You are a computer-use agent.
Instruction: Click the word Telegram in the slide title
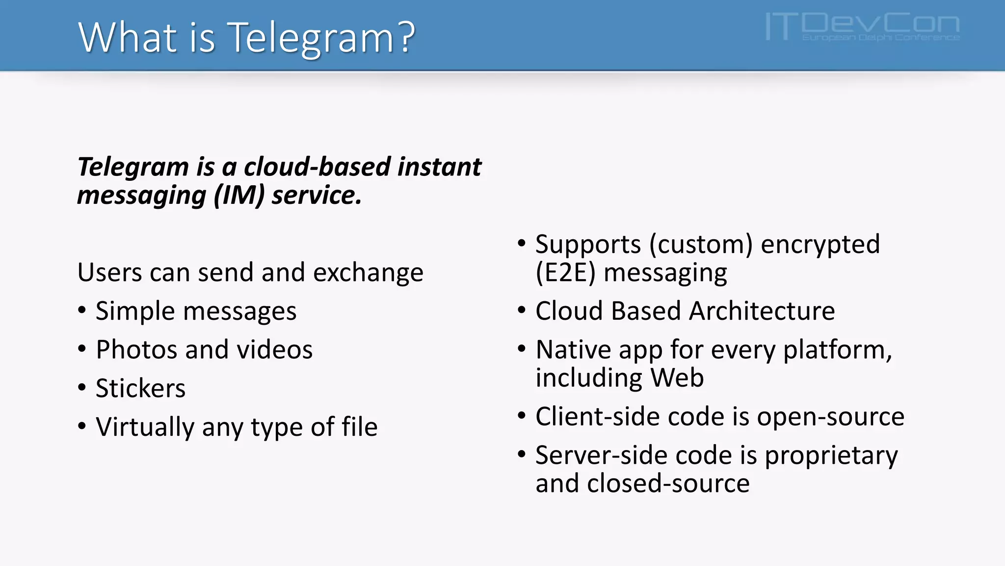click(x=311, y=38)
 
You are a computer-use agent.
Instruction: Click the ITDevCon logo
click(x=862, y=27)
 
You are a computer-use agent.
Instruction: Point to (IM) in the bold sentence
click(x=239, y=196)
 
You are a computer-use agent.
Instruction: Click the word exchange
click(x=368, y=273)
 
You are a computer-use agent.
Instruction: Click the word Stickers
click(x=140, y=389)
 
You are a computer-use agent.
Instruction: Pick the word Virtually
click(x=145, y=427)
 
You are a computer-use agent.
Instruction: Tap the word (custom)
click(x=701, y=245)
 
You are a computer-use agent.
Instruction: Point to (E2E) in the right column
click(x=565, y=273)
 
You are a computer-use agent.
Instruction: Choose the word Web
click(x=677, y=378)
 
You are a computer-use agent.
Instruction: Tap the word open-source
click(x=830, y=417)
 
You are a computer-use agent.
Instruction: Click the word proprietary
click(x=831, y=456)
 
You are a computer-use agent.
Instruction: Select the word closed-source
click(x=668, y=483)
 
